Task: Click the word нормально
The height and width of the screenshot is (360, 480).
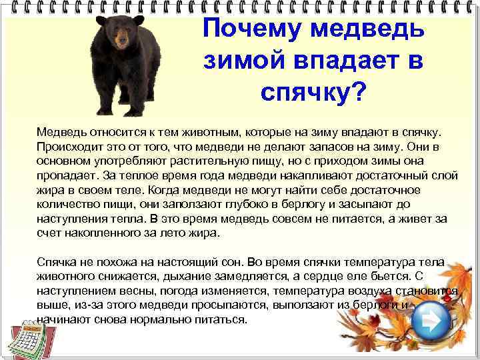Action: (155, 320)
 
